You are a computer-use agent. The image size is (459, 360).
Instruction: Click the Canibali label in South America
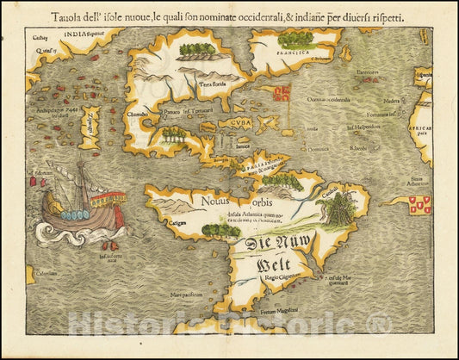[x=328, y=194]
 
